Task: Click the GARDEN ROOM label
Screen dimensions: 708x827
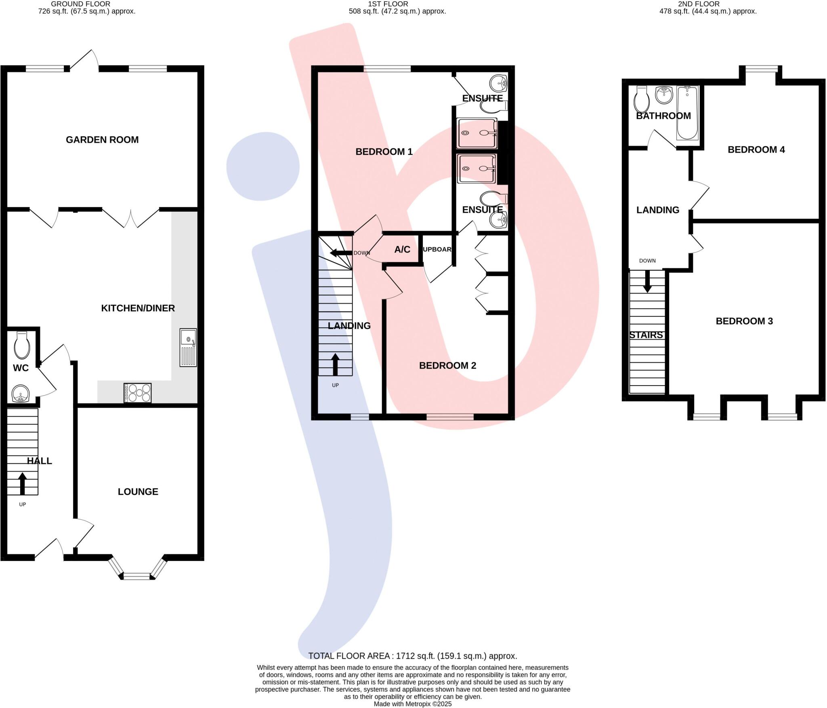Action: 102,140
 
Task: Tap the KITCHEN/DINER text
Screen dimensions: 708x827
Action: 138,308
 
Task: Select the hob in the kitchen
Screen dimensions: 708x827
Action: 138,393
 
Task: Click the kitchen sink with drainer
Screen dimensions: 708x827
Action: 188,348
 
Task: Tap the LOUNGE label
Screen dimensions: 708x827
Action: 138,492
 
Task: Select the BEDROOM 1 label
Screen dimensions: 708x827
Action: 384,152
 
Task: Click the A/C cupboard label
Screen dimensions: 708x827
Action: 402,250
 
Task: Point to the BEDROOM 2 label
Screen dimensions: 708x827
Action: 447,366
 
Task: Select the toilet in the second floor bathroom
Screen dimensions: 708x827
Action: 641,99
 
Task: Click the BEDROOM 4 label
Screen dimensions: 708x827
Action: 756,150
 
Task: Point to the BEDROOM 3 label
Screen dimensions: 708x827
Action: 744,321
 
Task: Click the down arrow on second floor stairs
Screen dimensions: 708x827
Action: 647,282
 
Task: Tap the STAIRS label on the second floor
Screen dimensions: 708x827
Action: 646,335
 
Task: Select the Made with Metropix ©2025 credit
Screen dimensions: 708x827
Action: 412,704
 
